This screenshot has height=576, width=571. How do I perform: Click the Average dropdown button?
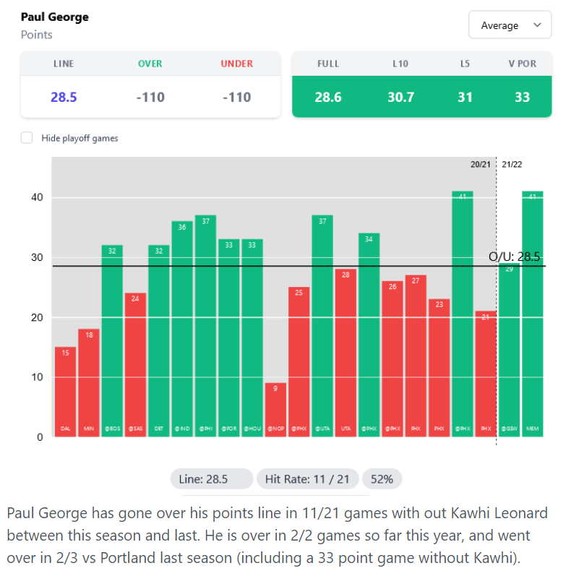510,25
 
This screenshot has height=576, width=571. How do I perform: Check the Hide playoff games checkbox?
27,138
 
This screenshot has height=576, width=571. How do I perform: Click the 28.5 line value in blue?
64,97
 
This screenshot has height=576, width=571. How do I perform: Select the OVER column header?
150,64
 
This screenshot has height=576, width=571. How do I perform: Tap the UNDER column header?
237,64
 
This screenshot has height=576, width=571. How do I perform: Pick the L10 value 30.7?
400,97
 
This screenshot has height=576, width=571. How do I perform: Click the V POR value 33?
522,97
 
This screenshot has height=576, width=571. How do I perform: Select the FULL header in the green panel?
328,64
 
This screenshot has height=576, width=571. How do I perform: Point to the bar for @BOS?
112,340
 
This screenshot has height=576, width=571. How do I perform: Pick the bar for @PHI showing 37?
205,326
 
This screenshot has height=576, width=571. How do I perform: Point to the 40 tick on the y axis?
37,197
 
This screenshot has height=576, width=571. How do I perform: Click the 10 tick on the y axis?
37,377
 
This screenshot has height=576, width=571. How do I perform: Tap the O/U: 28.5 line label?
514,257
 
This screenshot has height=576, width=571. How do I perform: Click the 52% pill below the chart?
382,479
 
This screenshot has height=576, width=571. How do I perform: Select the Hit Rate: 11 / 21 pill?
308,479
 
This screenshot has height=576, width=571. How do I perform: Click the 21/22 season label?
512,164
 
